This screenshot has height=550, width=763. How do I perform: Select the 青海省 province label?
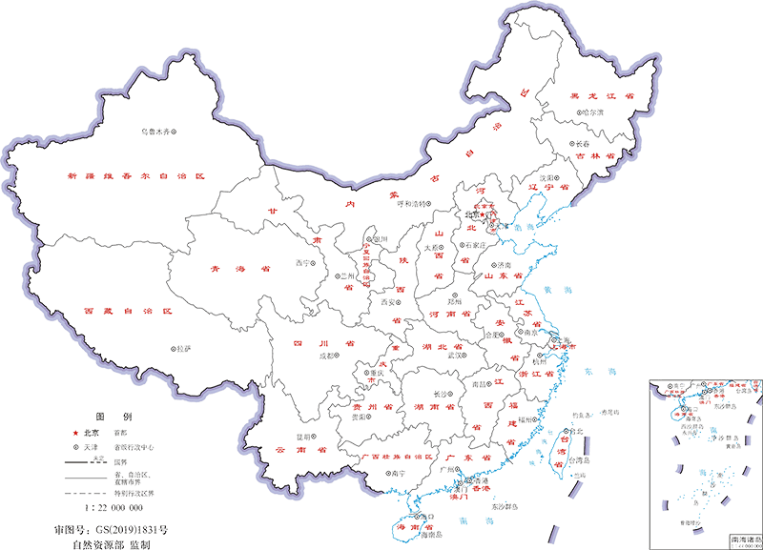pyautogui.click(x=242, y=268)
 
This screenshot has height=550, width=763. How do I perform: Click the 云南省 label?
pyautogui.click(x=299, y=448)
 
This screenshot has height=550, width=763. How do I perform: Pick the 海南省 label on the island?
pyautogui.click(x=407, y=523)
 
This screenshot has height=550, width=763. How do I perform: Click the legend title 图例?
pyautogui.click(x=107, y=417)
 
